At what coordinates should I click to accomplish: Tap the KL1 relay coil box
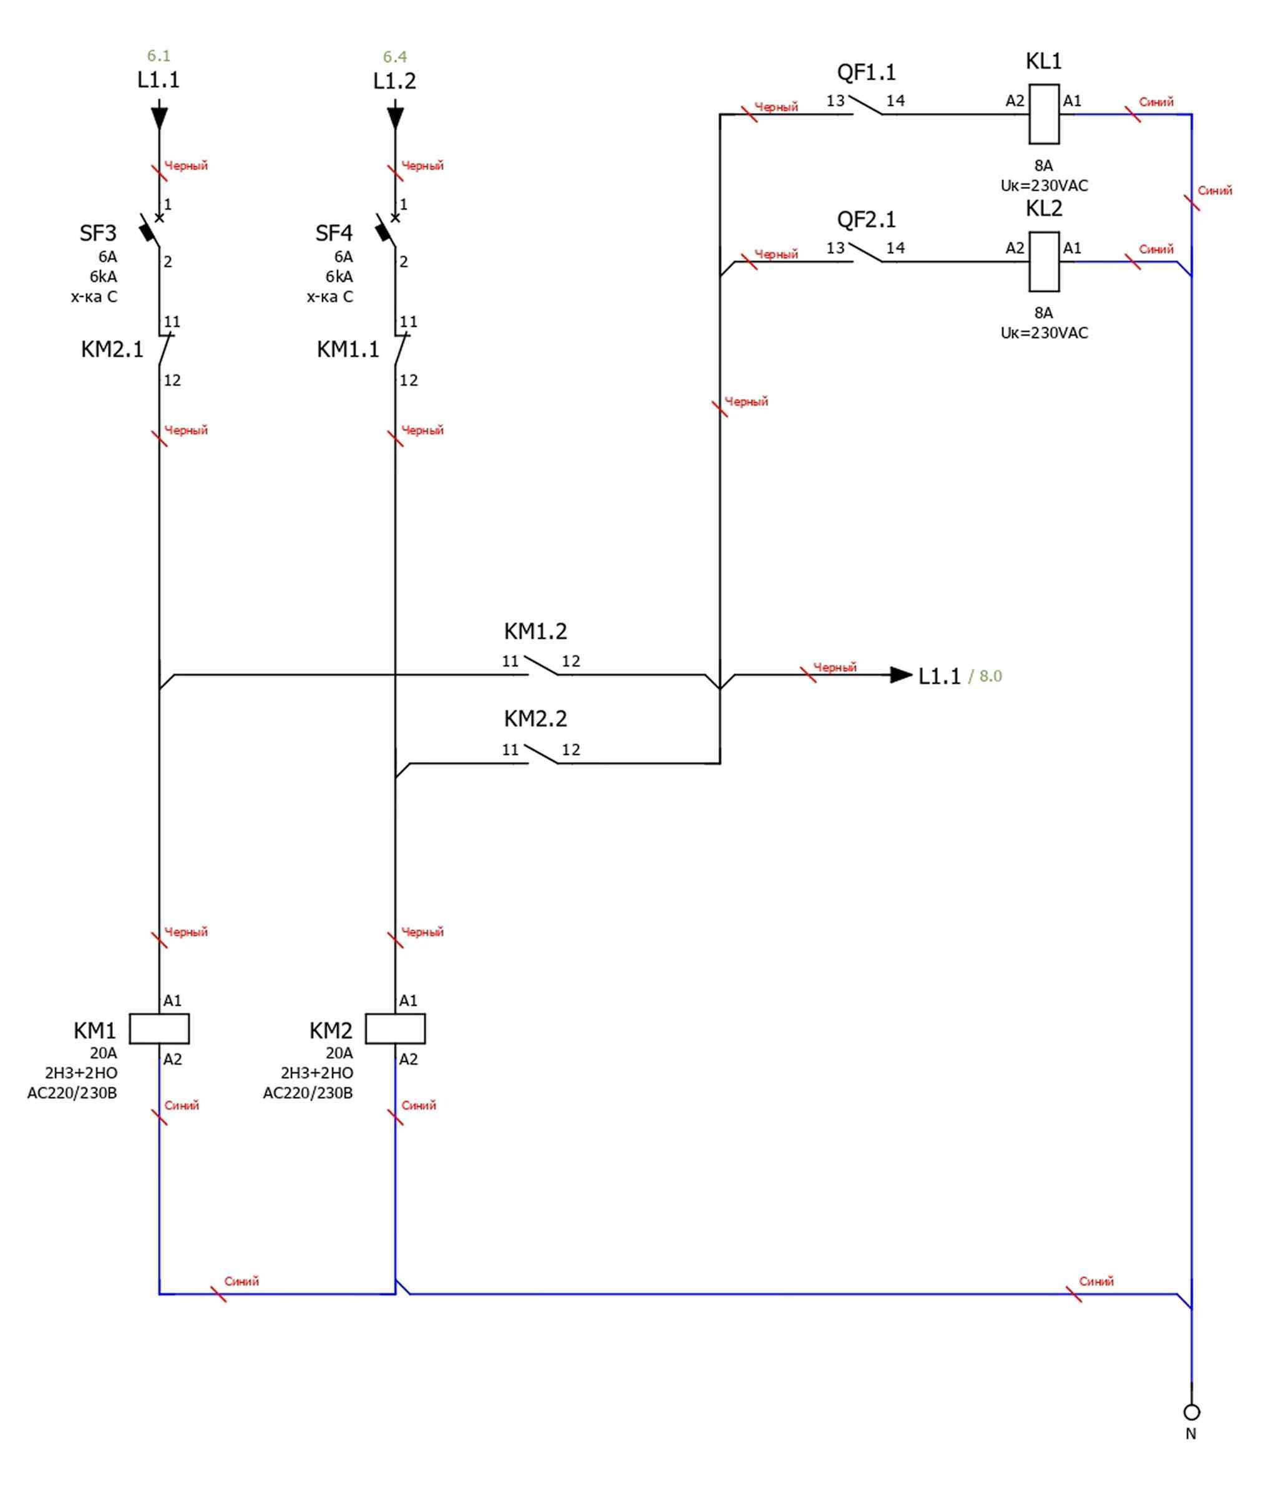click(1044, 114)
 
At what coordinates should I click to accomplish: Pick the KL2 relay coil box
click(1044, 261)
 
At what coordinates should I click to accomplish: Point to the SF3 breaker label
click(98, 233)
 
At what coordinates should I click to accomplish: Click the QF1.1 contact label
click(866, 72)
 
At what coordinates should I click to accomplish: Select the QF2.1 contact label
click(866, 219)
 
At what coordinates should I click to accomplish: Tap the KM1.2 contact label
click(535, 631)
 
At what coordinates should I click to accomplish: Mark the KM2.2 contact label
click(535, 718)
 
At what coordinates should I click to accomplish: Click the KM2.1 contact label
click(112, 349)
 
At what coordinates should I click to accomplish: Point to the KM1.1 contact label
click(348, 349)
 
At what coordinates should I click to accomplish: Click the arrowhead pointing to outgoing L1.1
click(900, 675)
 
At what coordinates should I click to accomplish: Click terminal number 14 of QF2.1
click(895, 248)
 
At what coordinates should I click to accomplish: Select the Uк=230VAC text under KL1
click(1044, 185)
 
